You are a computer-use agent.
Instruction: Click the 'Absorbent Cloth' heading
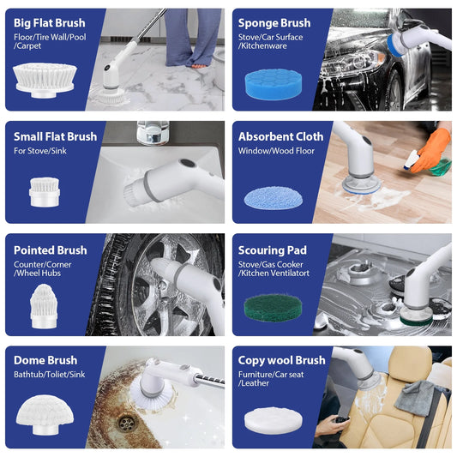[280, 136]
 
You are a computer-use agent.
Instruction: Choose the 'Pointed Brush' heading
[50, 250]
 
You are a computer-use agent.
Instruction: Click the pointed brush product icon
[43, 307]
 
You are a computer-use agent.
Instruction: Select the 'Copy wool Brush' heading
[281, 360]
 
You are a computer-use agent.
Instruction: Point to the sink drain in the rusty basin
[127, 423]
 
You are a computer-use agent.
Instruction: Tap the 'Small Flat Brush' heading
[55, 136]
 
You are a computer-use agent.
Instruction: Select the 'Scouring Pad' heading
[272, 250]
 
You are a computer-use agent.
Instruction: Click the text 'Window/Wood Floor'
[276, 151]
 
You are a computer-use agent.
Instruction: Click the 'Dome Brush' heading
[45, 360]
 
